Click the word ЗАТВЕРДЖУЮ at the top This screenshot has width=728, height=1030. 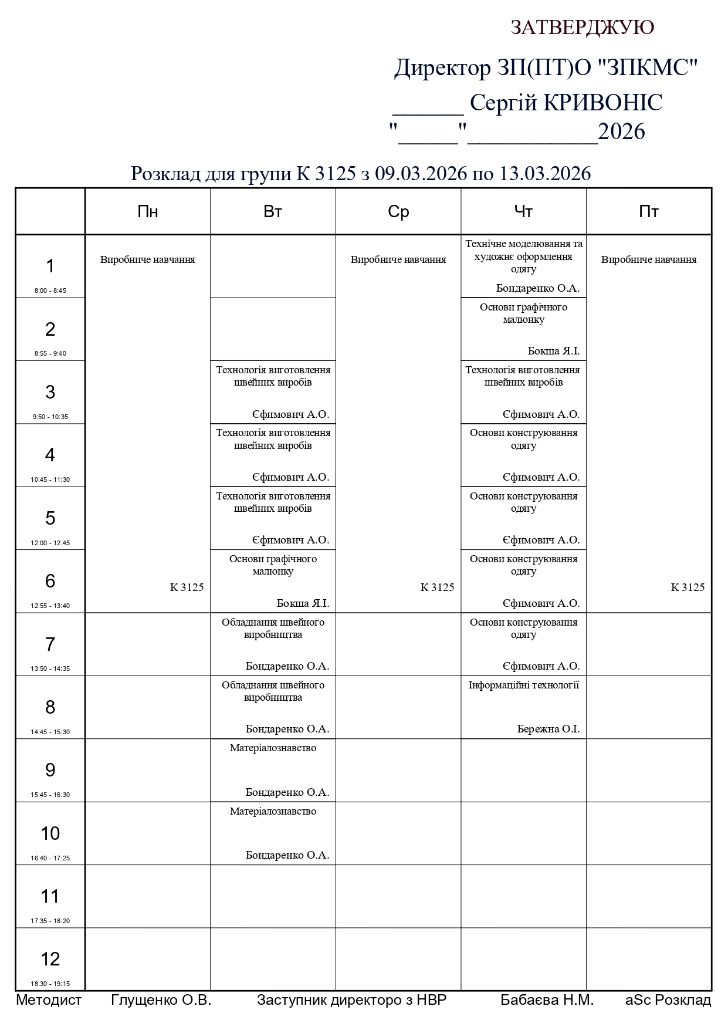point(582,28)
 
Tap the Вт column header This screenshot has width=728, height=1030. point(273,212)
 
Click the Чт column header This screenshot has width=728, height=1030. point(523,212)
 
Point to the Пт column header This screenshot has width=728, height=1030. point(648,212)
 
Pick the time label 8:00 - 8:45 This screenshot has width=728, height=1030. point(50,291)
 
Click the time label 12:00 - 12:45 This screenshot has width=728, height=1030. point(50,543)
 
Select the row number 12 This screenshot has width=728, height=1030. point(50,959)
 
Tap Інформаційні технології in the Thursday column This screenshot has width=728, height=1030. point(523,685)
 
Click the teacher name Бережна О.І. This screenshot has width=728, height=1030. point(548,729)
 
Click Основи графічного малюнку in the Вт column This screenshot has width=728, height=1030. point(273,565)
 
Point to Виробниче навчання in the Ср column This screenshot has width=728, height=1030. point(398,259)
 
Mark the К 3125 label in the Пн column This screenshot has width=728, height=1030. point(187,587)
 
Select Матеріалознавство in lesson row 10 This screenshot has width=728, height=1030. point(273,811)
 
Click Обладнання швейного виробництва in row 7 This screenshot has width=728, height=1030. point(273,628)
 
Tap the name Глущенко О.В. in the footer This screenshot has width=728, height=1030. point(161,1000)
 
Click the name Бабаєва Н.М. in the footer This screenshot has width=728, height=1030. point(547,1000)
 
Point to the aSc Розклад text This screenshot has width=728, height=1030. point(668,1000)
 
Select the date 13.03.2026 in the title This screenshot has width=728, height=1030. point(545,174)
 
